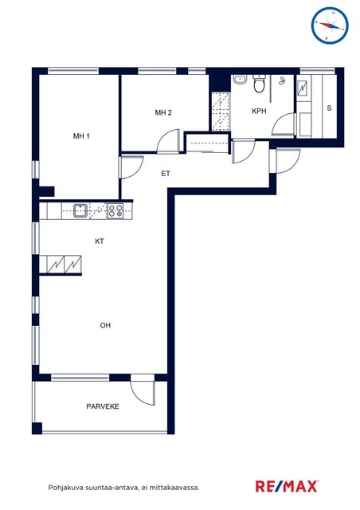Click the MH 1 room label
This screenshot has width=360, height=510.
(x=81, y=136)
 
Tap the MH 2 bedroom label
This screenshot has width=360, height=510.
(x=163, y=112)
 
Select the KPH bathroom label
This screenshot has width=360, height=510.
(x=259, y=112)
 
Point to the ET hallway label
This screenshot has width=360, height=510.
(x=166, y=174)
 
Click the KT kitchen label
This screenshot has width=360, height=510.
(x=100, y=241)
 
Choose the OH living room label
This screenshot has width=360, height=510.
(x=105, y=325)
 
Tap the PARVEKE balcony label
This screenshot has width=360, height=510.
(x=103, y=406)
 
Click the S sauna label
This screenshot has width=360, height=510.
(x=329, y=108)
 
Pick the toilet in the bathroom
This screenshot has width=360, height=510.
(x=259, y=83)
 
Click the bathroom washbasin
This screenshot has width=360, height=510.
(x=240, y=80)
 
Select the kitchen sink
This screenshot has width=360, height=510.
(x=80, y=210)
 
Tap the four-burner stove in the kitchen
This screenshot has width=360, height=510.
(x=115, y=210)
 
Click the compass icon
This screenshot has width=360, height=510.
(x=330, y=25)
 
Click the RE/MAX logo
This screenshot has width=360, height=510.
(x=287, y=487)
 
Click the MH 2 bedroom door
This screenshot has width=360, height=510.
(x=169, y=141)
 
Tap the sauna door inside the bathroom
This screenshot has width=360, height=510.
(x=284, y=124)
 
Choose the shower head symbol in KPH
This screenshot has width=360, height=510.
(x=282, y=81)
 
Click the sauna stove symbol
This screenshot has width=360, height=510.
(x=303, y=87)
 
